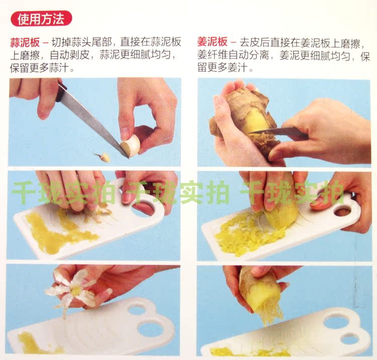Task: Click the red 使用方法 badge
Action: pyautogui.click(x=41, y=19)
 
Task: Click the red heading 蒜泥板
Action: pyautogui.click(x=25, y=43)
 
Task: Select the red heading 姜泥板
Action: pyautogui.click(x=212, y=42)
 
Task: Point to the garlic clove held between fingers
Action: pyautogui.click(x=131, y=145)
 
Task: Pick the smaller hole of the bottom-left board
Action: pyautogui.click(x=138, y=308)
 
